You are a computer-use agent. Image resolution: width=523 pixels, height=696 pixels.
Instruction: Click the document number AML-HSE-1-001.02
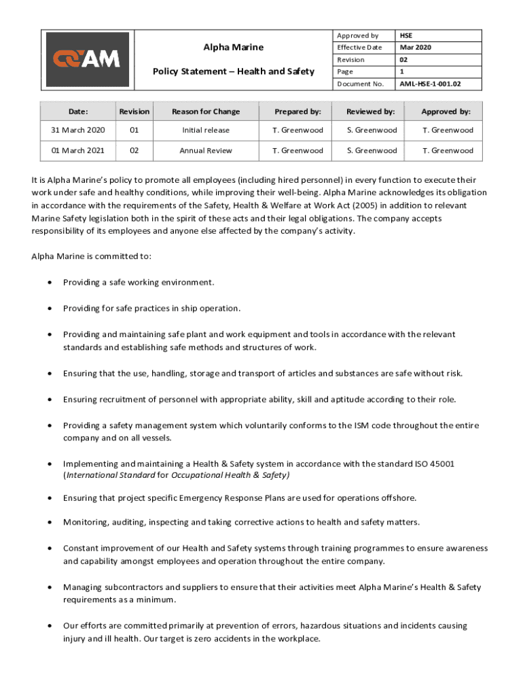tap(430, 84)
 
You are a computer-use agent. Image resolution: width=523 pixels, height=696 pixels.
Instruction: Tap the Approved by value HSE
tap(405, 35)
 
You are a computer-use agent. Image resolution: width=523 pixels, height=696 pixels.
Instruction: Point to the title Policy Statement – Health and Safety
tap(234, 71)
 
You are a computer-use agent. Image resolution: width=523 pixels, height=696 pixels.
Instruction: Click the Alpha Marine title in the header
tap(234, 47)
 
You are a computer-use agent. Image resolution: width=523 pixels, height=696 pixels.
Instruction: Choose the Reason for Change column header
tap(206, 111)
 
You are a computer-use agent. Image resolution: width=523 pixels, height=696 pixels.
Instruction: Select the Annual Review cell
tap(206, 150)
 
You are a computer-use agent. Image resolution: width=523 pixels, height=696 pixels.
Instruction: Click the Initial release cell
tap(206, 130)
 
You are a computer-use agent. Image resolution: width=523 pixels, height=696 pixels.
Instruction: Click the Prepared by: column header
tap(297, 111)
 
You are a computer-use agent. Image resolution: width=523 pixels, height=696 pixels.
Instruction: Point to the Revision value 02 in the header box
tap(404, 60)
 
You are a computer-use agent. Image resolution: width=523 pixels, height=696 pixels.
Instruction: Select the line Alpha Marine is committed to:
tap(92, 256)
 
